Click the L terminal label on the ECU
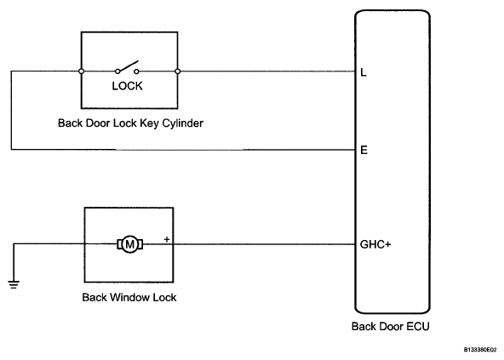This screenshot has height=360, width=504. click(x=364, y=72)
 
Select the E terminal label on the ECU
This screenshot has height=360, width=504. click(x=364, y=150)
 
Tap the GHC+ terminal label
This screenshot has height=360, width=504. click(x=375, y=244)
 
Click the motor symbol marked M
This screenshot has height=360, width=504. click(x=130, y=244)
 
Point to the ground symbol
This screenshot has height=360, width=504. click(x=14, y=285)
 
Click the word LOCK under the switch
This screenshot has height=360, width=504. click(x=128, y=86)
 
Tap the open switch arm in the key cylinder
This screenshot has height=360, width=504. click(x=128, y=66)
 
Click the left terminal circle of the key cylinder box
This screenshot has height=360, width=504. click(x=82, y=71)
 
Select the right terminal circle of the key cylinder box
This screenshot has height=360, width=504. click(x=177, y=71)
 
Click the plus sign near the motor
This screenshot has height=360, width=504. click(x=167, y=239)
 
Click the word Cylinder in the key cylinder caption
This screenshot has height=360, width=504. click(x=182, y=123)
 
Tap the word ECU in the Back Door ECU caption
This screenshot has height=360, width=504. click(x=418, y=327)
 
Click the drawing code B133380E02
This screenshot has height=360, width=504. click(x=480, y=350)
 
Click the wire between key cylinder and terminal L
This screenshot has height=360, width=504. click(x=266, y=71)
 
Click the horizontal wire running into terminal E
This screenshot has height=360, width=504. click(x=183, y=150)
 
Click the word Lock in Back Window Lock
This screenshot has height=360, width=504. click(x=164, y=297)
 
